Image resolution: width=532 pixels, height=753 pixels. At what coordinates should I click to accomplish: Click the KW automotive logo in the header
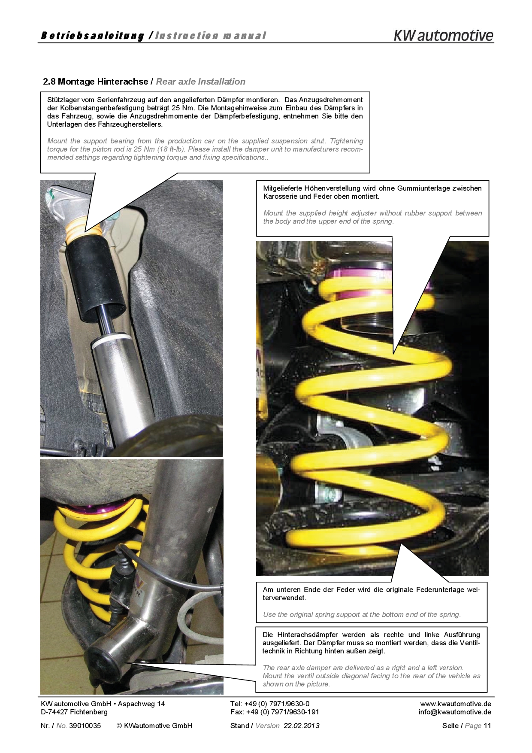coord(444,35)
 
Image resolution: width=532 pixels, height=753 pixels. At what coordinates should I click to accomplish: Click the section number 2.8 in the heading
coord(49,82)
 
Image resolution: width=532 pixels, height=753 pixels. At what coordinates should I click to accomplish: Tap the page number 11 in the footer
coord(487,726)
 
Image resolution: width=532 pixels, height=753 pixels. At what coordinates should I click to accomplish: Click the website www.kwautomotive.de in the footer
coord(456,704)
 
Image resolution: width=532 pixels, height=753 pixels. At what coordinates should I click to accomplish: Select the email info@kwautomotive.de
coord(455,712)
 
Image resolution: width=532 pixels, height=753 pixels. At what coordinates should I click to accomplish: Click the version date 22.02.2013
coord(301,726)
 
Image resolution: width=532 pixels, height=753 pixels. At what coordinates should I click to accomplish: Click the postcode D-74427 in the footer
coord(53,712)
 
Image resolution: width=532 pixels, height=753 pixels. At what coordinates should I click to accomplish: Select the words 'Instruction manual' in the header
coord(210,36)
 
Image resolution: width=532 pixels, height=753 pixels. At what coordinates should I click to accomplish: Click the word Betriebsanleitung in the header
coord(92,36)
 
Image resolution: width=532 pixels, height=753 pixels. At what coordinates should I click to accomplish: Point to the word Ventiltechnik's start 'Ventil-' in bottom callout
coord(470,643)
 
